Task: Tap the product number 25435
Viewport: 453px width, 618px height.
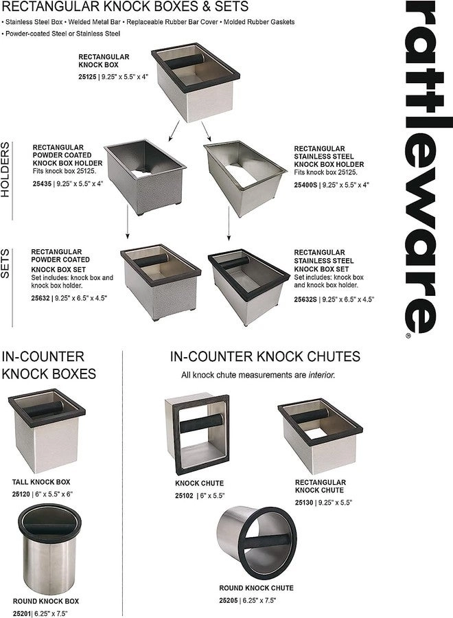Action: [x=42, y=184]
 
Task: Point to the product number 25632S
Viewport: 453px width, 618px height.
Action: [x=307, y=300]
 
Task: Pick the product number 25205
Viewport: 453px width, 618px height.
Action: [x=231, y=600]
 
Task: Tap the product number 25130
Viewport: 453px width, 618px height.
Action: [x=305, y=503]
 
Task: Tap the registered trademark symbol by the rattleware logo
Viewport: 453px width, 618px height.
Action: [x=408, y=336]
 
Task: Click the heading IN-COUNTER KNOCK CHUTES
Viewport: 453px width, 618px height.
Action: [x=265, y=357]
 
